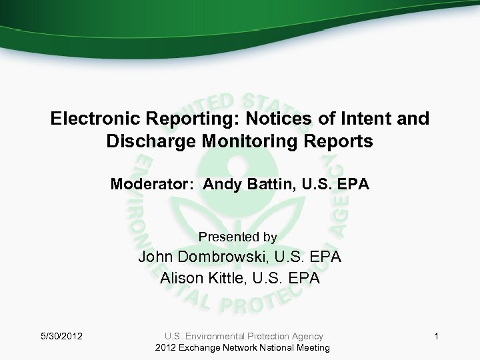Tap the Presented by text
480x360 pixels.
[x=238, y=237]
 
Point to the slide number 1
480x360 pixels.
[x=436, y=337]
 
